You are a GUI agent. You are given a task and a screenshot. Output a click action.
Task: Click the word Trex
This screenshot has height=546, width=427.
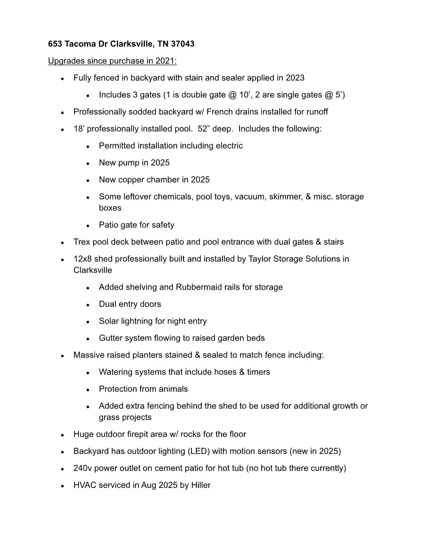point(82,242)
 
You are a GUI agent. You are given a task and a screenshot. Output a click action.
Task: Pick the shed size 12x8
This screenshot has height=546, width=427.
point(84,259)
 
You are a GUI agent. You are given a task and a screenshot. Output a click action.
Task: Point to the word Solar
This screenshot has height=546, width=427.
point(109,321)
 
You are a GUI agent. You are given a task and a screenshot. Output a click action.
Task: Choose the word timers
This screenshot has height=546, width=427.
point(258,372)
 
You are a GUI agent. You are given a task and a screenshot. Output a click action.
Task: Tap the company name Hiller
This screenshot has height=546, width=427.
point(201,485)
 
